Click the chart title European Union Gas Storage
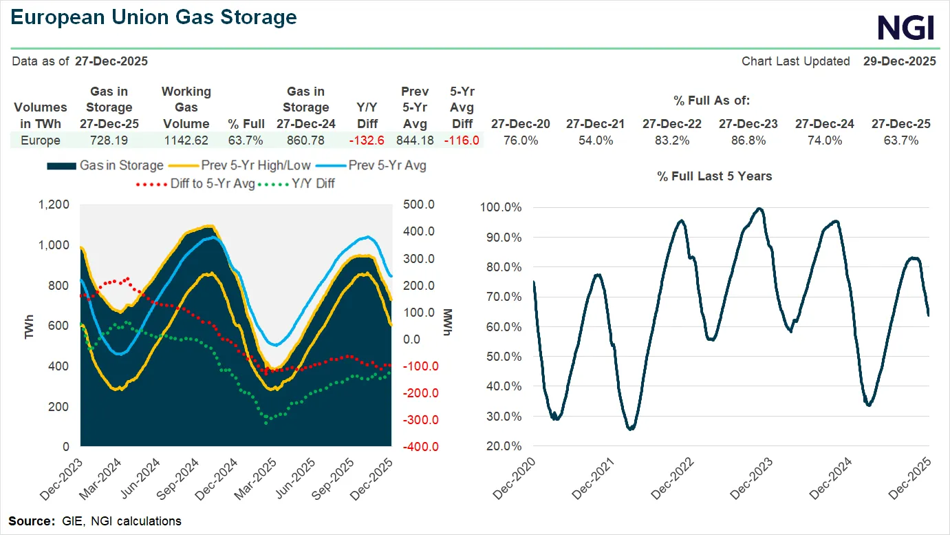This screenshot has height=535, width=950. [154, 17]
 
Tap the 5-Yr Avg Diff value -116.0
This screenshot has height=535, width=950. [462, 140]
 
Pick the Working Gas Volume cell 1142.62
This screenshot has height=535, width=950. [186, 140]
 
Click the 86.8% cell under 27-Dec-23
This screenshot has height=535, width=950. [748, 140]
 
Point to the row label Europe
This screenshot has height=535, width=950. [40, 140]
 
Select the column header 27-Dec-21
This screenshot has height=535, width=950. [596, 124]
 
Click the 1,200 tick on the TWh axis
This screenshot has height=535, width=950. [54, 204]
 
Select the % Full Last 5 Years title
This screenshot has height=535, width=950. [714, 177]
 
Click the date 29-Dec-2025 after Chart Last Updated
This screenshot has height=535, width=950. [899, 61]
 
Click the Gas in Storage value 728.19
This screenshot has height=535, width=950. [109, 140]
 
